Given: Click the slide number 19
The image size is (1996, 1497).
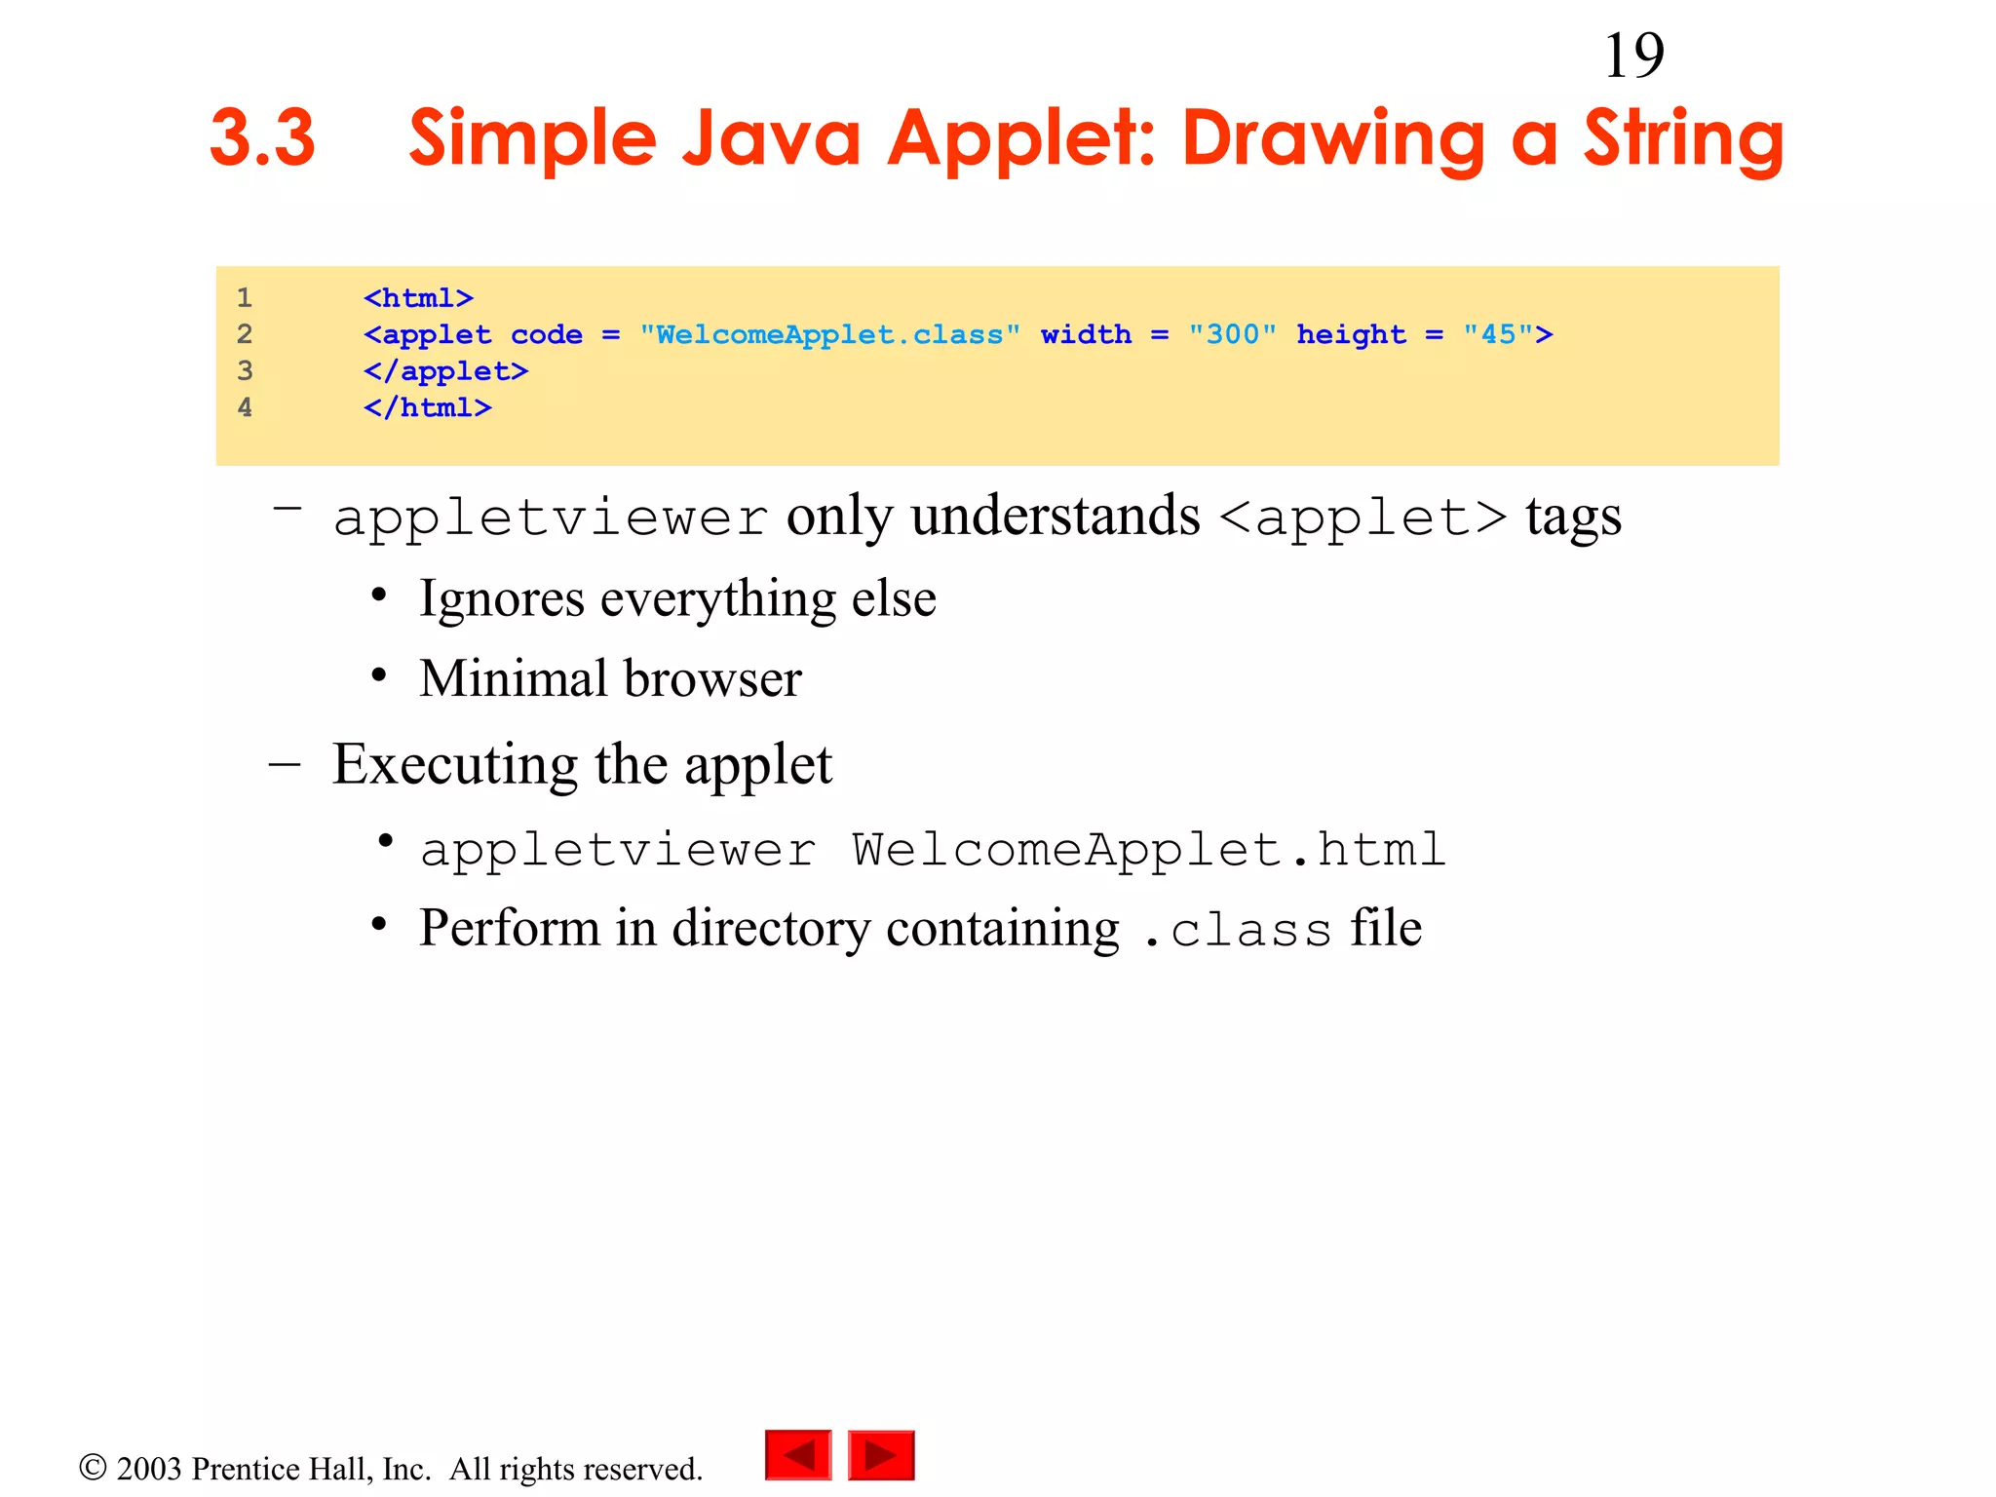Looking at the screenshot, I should tap(1633, 56).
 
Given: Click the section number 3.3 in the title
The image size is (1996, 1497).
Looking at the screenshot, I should tap(262, 138).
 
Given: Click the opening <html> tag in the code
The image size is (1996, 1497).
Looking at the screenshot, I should tap(418, 298).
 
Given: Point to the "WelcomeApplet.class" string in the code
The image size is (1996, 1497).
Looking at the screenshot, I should tap(829, 335).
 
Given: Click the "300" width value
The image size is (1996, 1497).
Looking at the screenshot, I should tap(1232, 335).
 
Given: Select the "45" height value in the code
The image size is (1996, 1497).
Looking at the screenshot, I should tap(1498, 335).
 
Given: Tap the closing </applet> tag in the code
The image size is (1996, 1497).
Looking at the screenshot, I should tap(445, 371).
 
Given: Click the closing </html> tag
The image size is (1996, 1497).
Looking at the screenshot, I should tap(427, 408).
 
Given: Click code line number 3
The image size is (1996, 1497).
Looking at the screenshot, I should tap(245, 371).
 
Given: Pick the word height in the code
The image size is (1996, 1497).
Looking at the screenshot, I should tap(1351, 335).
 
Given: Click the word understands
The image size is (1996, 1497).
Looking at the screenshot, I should tap(1056, 516).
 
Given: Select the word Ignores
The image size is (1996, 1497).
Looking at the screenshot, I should tap(502, 598).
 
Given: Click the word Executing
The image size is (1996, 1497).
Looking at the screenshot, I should tap(455, 764).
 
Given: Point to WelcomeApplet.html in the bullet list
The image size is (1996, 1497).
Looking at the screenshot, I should tap(1148, 850).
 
